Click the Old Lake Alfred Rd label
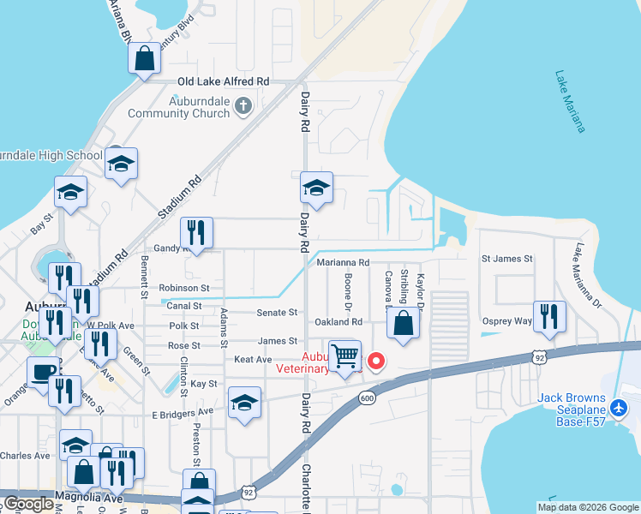(224, 81)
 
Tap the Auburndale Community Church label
(178, 107)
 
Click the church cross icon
(243, 106)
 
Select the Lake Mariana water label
(570, 101)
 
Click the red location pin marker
(375, 362)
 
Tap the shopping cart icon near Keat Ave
(344, 355)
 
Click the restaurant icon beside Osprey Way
(549, 315)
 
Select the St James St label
(506, 258)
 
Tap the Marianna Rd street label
(343, 263)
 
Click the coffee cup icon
(43, 371)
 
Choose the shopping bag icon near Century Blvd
(145, 58)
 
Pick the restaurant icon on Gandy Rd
(196, 231)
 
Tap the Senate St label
(279, 313)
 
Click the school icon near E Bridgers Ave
(244, 402)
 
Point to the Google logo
(28, 504)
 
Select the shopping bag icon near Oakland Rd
(403, 323)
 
